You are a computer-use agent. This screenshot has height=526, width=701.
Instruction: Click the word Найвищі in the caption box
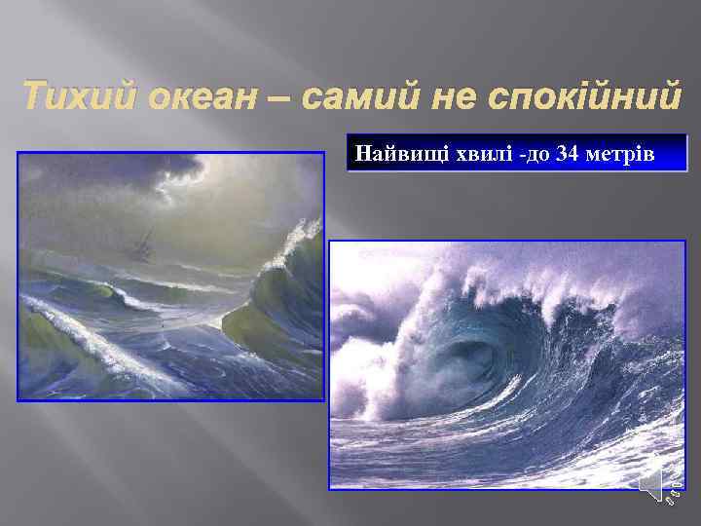coord(395,154)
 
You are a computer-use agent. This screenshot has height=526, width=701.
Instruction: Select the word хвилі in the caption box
coord(471,154)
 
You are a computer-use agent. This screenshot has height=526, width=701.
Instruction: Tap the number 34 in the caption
coord(568,154)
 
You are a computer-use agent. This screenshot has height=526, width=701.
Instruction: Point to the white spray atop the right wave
coord(545,282)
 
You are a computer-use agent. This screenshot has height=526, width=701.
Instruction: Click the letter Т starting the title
coord(33,99)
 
